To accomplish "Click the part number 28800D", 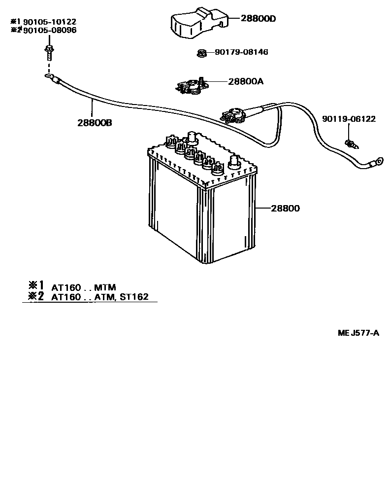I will tap(259, 19).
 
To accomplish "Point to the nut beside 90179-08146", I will tap(201, 52).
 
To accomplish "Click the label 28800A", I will tap(245, 81).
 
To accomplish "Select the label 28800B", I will tap(94, 123).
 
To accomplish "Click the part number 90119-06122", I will tap(349, 119).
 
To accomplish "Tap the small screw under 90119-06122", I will tap(351, 143).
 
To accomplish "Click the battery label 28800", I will tap(285, 208).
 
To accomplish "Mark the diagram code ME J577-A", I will tap(358, 333).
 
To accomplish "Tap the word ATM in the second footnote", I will tap(104, 297).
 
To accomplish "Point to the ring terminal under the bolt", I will tap(48, 76).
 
